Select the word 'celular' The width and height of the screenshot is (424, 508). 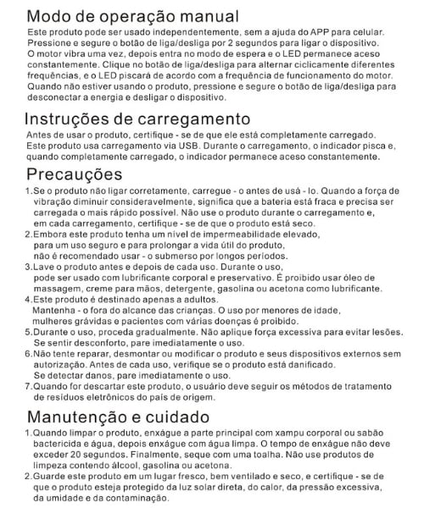tap(391, 30)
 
